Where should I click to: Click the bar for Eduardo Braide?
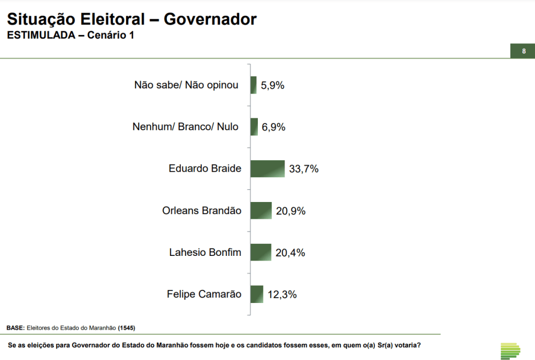pos(267,168)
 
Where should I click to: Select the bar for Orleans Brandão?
pos(261,210)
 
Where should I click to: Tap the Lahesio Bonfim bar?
pos(260,252)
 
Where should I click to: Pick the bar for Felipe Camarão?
pos(256,294)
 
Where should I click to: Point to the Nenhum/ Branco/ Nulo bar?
pos(254,127)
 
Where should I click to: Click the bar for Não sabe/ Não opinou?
pos(254,85)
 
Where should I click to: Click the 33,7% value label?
pos(304,169)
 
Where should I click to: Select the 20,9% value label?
pos(291,211)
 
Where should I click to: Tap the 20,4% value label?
pos(290,253)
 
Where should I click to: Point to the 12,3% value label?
pos(282,295)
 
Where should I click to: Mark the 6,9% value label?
pos(274,127)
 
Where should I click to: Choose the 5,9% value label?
pos(272,85)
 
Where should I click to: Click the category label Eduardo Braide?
pos(205,168)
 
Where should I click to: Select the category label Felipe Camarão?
pos(204,294)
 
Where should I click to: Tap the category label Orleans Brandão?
pos(202,210)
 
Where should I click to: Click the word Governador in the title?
pos(210,19)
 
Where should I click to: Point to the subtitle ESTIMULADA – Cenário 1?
pos(70,36)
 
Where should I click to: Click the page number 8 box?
pos(523,51)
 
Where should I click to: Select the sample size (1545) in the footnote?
pos(127,328)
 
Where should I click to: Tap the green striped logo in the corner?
pos(510,351)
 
